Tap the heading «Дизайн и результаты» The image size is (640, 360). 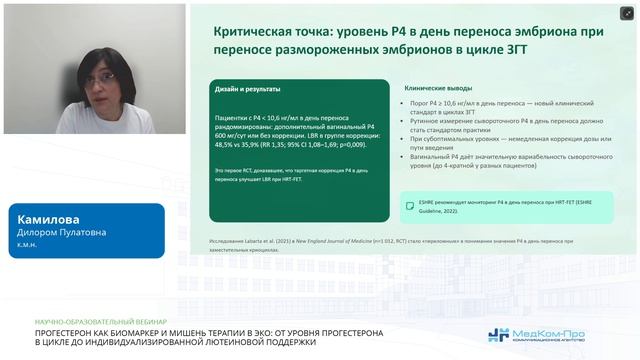point(247,89)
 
